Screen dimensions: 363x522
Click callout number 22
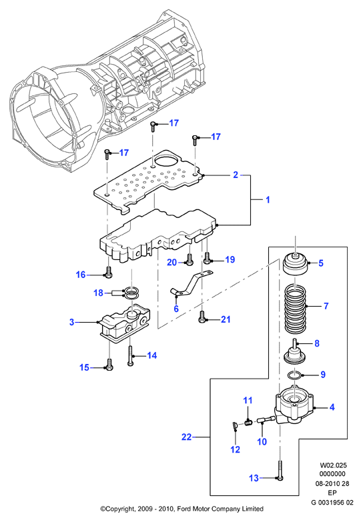pyautogui.click(x=186, y=437)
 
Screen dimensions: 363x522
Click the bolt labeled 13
pyautogui.click(x=280, y=470)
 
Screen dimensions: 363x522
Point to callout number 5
pyautogui.click(x=321, y=263)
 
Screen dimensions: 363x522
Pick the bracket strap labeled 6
pyautogui.click(x=192, y=283)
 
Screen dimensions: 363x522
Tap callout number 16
pyautogui.click(x=81, y=274)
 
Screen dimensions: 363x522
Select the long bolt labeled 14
pyautogui.click(x=130, y=355)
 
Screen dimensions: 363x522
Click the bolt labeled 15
pyautogui.click(x=109, y=364)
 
